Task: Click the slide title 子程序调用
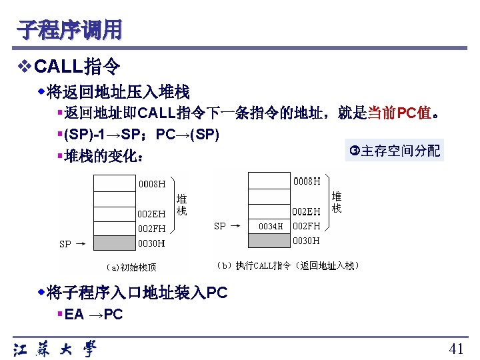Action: [x=70, y=29]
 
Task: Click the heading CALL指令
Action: [x=77, y=67]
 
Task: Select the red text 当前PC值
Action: [x=399, y=113]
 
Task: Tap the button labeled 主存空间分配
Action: [x=395, y=151]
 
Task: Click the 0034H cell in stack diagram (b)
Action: [x=270, y=226]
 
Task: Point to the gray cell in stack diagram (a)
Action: [x=114, y=243]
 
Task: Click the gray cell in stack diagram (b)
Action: [x=269, y=240]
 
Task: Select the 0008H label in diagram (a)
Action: [x=152, y=184]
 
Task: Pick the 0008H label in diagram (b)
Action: [x=307, y=180]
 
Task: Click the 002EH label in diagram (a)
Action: [x=151, y=214]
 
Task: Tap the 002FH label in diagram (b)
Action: [x=307, y=226]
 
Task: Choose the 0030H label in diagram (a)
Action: [x=151, y=243]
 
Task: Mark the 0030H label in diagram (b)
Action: [x=307, y=240]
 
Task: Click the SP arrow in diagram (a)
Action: [x=71, y=244]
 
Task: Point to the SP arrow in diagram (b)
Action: [x=227, y=226]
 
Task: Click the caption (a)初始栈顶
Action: [x=131, y=267]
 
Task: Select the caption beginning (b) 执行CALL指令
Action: [x=288, y=265]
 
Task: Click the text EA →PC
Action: [x=93, y=315]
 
